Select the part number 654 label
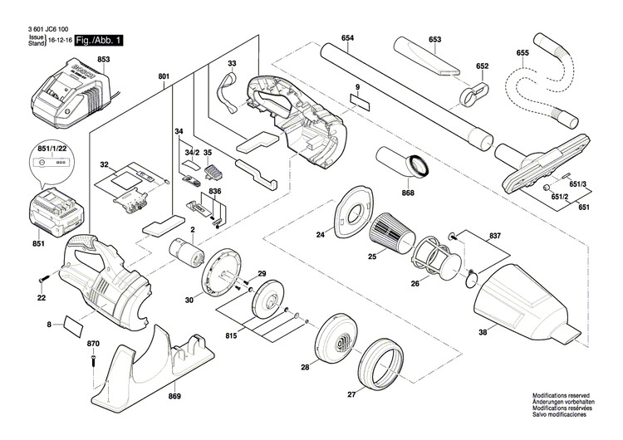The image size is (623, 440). pyautogui.click(x=347, y=39)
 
